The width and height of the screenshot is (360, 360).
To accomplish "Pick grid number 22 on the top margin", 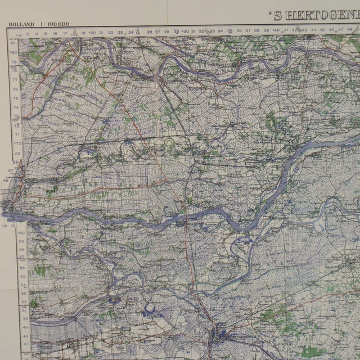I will (111, 33).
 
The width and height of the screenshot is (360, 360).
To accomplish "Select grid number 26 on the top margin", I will (149, 32).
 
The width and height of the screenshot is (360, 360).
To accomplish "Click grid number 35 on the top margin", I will (229, 31).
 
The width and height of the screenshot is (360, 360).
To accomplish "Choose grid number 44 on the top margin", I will (313, 30).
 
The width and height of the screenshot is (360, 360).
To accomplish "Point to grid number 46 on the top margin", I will (331, 30).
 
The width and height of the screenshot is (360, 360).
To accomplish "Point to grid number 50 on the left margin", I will (25, 319).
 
